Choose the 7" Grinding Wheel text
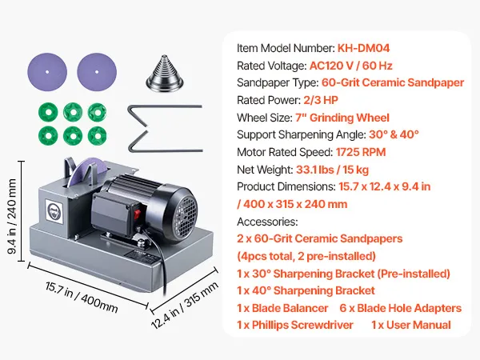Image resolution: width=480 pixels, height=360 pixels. point(345,118)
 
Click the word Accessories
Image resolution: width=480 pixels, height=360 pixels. point(266,222)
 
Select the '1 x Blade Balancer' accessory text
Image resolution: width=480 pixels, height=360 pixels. point(282,308)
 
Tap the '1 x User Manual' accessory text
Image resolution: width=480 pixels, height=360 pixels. point(410,325)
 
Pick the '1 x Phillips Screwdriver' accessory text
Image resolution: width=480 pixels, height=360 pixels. point(298,325)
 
